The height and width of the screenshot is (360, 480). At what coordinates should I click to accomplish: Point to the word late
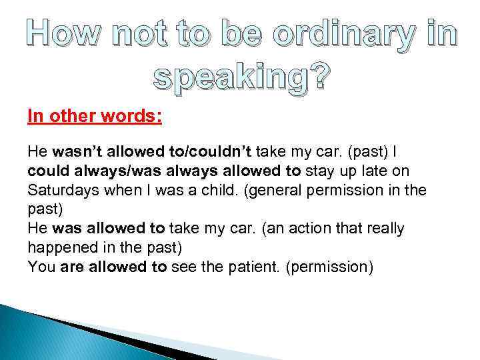(367, 171)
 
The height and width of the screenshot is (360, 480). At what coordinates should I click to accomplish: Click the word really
(381, 229)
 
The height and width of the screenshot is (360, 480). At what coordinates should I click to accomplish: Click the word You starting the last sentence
(41, 267)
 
